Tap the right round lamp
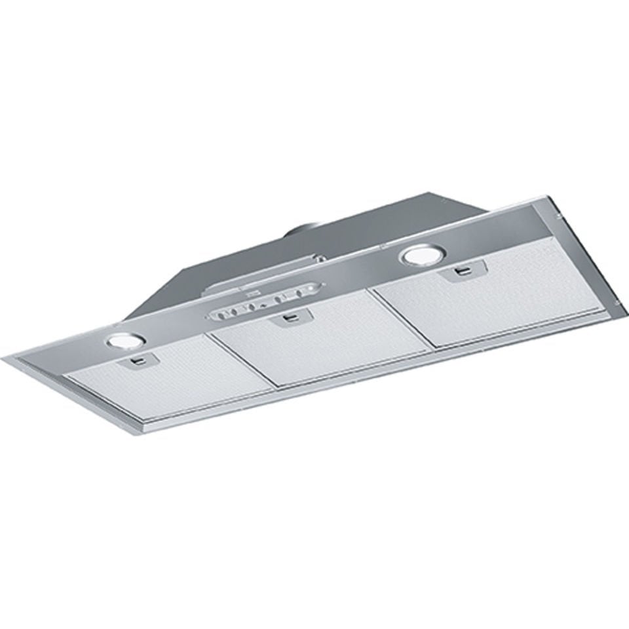pyautogui.click(x=417, y=255)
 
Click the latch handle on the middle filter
pyautogui.click(x=290, y=318)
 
